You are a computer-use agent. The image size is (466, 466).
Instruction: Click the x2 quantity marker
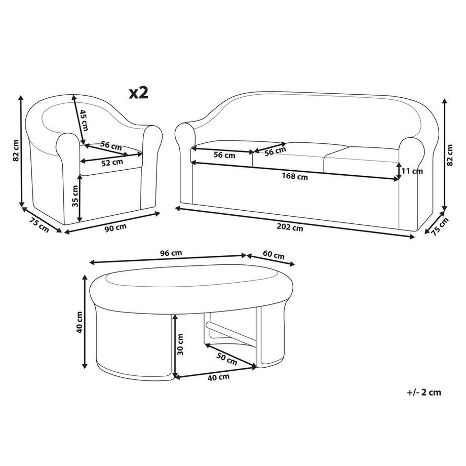(x=138, y=93)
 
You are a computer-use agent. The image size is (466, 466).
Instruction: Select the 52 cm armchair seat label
(x=112, y=162)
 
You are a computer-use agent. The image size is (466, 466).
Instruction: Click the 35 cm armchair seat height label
(x=75, y=196)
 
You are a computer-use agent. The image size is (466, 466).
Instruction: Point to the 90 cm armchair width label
(x=115, y=228)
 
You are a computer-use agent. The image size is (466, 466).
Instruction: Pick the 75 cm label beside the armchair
(x=39, y=225)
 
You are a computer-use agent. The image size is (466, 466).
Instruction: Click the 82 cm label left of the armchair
(x=16, y=150)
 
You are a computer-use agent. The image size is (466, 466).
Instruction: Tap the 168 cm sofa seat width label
(x=295, y=177)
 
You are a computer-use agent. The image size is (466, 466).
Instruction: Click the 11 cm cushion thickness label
(x=412, y=171)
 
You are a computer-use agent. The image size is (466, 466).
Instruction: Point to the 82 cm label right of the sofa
(x=450, y=155)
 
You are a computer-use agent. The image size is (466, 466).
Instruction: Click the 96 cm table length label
(x=171, y=253)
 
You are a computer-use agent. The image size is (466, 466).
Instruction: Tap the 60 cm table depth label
(x=274, y=255)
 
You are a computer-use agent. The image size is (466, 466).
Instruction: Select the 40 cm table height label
(x=80, y=322)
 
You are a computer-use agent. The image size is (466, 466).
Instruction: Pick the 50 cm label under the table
(x=227, y=359)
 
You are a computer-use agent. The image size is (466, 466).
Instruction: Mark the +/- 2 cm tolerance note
(x=424, y=392)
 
